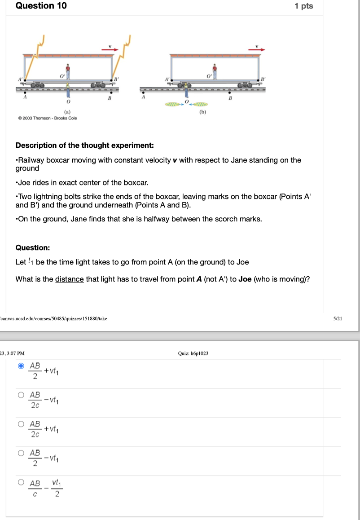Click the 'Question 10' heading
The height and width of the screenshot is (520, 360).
coord(41,6)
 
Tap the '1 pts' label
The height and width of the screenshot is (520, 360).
coord(304,6)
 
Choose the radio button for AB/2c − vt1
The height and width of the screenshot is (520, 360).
coord(21,395)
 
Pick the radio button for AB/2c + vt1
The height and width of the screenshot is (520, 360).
coord(21,424)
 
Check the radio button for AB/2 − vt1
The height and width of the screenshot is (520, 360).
coord(21,453)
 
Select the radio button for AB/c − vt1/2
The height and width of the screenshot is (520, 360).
coord(21,482)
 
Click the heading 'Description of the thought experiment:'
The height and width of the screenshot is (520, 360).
coord(84,145)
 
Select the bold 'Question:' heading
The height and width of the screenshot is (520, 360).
coord(33,247)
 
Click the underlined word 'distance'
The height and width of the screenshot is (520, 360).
coord(70,279)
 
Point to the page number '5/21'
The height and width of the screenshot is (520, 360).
coord(338,318)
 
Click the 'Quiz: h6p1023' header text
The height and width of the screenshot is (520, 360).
coord(193,353)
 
